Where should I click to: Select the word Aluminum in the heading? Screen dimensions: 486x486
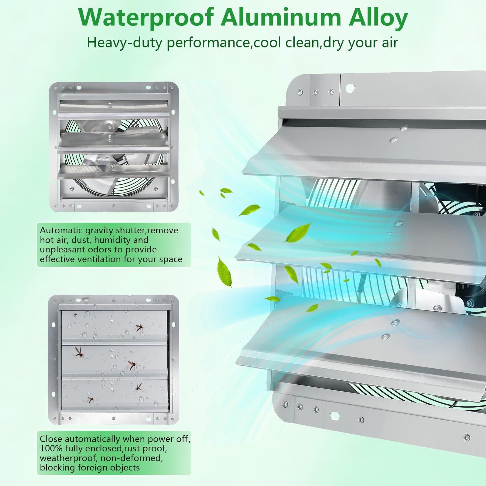pos(281,17)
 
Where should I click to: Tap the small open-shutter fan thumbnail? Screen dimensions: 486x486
pos(114,146)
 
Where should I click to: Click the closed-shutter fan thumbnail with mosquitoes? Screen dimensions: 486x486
pos(114,359)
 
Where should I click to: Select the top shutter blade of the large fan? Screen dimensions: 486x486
pos(364,152)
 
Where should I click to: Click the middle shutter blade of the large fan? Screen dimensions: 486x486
pos(361,240)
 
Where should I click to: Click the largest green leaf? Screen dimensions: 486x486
pos(224,271)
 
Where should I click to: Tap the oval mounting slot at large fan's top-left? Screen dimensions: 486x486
pos(350,88)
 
